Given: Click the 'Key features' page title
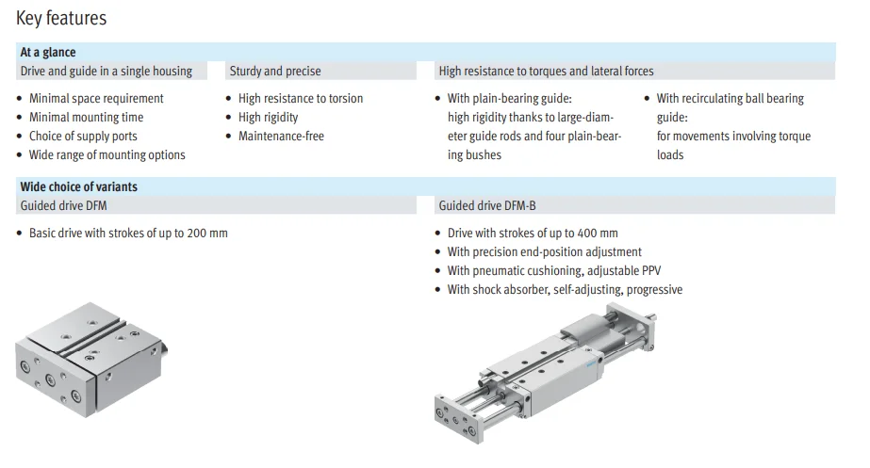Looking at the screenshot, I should (61, 19).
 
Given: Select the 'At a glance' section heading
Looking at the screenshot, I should (48, 53).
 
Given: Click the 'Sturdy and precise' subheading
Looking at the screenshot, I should (274, 71).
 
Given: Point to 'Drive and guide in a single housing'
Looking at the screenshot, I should (106, 71).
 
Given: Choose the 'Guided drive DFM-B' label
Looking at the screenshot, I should (487, 205).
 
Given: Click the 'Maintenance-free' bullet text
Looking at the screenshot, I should (281, 137).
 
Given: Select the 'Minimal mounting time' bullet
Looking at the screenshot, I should (86, 118).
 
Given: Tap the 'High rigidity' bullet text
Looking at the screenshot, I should (268, 118).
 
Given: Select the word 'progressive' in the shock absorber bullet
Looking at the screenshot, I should (654, 290).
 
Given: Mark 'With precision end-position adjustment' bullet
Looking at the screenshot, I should (544, 252).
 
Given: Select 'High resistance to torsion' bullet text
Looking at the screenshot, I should (300, 99).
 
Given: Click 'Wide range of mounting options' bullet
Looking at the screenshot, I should (107, 155).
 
